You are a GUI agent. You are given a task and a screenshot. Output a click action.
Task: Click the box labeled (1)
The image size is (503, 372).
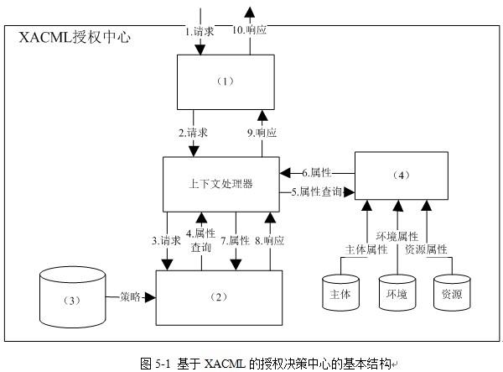[226, 82]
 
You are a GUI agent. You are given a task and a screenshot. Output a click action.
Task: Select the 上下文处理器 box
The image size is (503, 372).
[221, 184]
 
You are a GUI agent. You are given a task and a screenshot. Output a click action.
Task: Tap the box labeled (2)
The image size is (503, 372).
[219, 297]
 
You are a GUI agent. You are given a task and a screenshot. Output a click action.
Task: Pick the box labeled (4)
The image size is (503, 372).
[402, 176]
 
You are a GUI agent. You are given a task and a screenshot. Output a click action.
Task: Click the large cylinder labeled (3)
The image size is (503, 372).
[72, 297]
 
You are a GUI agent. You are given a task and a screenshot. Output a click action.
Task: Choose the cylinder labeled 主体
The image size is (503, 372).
[340, 293]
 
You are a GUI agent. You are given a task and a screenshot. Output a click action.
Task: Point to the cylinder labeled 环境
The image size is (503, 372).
[397, 293]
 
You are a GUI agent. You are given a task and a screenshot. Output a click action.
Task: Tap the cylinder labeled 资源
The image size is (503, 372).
[452, 293]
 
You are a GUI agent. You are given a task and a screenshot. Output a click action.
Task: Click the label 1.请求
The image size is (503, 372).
[200, 31]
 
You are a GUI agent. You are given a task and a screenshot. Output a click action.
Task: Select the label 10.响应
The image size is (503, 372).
[249, 30]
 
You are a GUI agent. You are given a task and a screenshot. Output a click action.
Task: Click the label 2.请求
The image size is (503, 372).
[193, 133]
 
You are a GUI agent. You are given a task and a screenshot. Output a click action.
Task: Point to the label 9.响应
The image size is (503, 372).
[262, 133]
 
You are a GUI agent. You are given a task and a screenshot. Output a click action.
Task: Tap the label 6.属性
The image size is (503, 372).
[317, 173]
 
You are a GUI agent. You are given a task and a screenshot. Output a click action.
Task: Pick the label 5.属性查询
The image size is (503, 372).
[317, 191]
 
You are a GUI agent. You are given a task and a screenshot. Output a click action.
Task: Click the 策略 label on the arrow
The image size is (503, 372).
[130, 296]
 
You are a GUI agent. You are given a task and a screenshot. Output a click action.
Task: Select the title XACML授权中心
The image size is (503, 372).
[75, 37]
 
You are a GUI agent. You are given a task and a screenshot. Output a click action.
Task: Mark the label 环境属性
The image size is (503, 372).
[397, 237]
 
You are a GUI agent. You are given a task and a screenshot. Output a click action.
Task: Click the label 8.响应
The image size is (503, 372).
[269, 241]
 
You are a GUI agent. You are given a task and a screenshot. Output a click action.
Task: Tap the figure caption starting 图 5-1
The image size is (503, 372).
[267, 364]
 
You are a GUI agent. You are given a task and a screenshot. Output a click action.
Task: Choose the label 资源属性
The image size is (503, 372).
[426, 249]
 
